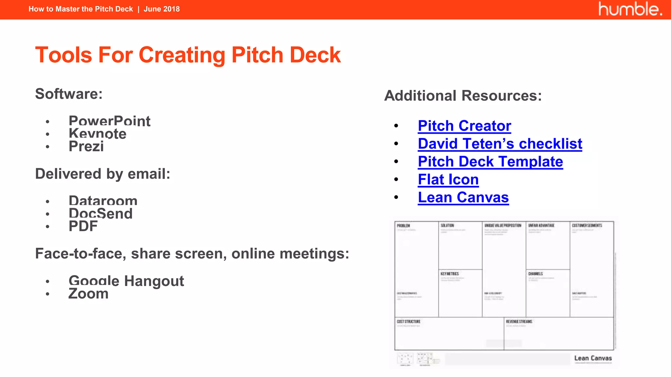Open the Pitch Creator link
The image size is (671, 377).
464,126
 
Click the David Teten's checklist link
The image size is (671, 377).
500,144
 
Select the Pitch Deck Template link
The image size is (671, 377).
490,162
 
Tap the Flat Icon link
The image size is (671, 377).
448,180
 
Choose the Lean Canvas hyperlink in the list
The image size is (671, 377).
463,198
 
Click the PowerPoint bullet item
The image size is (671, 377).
109,121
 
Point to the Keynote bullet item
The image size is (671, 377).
97,134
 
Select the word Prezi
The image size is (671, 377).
86,146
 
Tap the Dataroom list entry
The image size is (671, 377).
103,201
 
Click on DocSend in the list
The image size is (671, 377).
101,213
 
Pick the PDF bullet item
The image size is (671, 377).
83,226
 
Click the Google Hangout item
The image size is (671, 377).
126,281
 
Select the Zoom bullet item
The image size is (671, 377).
88,294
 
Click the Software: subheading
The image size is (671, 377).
69,94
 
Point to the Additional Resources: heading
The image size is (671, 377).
463,96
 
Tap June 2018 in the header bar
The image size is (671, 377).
162,9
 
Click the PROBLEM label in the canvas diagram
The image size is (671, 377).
403,225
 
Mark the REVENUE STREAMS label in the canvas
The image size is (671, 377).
519,322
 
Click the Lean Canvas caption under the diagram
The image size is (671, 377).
593,358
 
